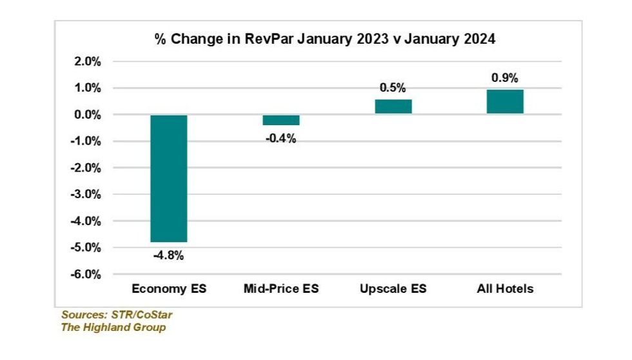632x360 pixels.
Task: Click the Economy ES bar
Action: coord(169,178)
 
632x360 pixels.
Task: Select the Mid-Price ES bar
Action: coord(281,120)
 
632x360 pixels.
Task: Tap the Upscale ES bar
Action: coord(393,106)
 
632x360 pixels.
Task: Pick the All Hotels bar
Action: coord(505,101)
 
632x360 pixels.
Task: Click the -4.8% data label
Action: coord(169,255)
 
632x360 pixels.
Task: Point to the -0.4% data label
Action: coord(281,138)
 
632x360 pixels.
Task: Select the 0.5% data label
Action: coord(393,88)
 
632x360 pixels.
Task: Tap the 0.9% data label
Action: coord(505,77)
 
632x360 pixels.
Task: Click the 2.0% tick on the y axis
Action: coord(88,62)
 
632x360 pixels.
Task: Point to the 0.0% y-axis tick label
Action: coord(88,115)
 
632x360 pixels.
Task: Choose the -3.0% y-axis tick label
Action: coord(86,194)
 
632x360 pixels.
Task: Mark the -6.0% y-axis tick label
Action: coord(86,274)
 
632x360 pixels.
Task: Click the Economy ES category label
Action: coord(169,289)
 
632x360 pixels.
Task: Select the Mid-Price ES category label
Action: coord(281,289)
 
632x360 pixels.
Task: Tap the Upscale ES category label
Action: coord(393,289)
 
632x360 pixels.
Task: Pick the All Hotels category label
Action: coord(505,289)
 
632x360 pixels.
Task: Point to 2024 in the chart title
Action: coord(480,39)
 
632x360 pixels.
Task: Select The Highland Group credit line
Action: coord(114,327)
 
